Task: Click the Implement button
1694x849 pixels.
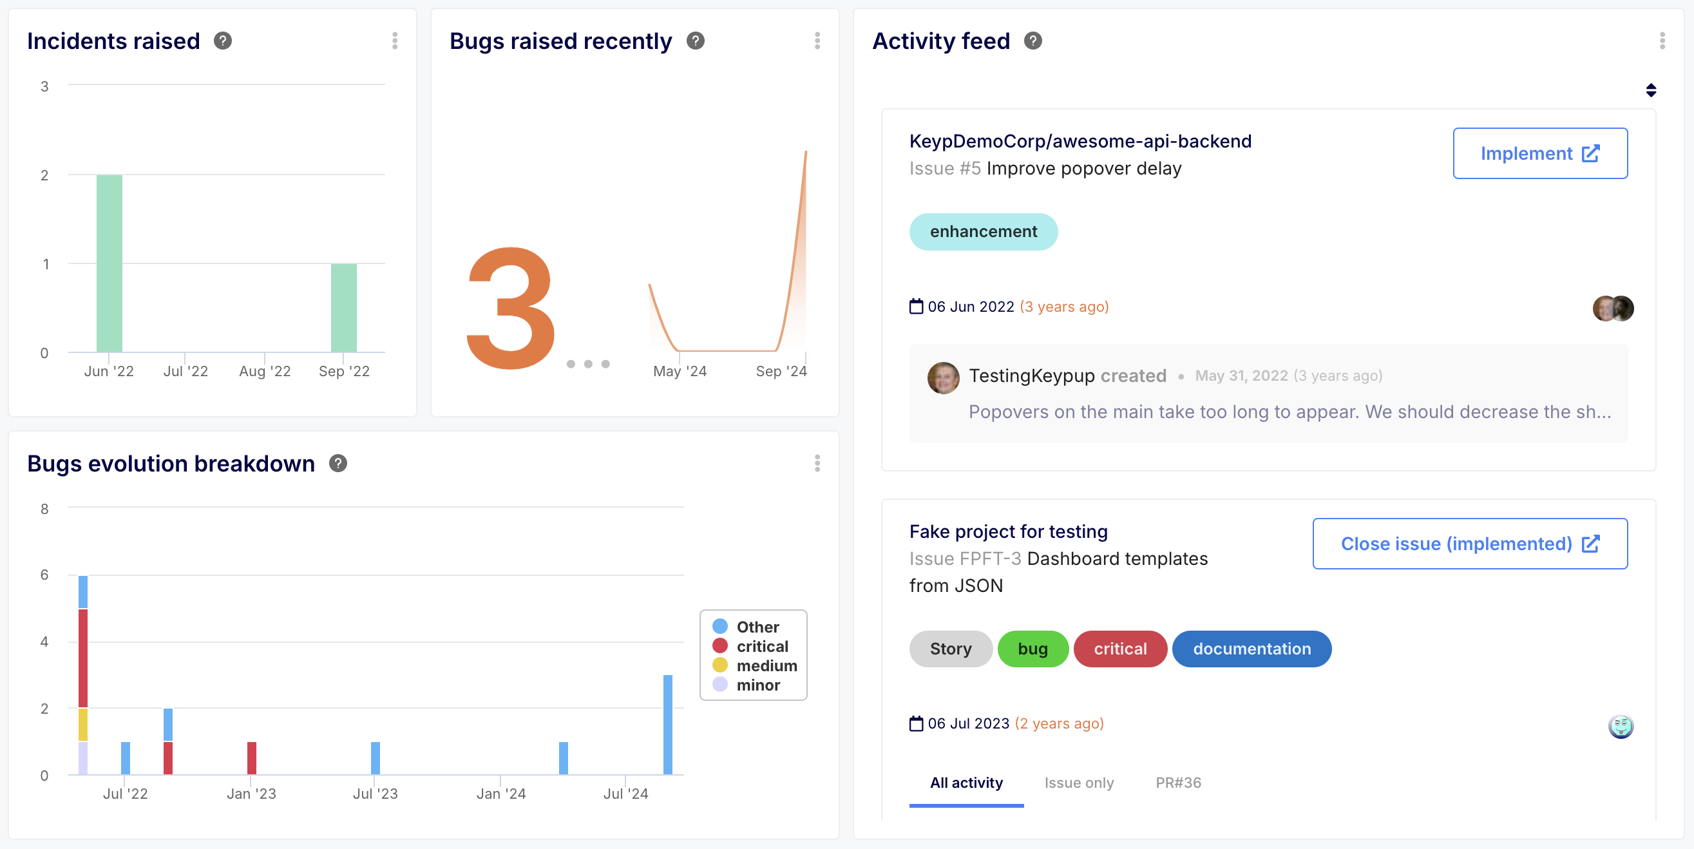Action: click(1539, 153)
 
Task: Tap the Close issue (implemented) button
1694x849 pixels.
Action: click(1469, 544)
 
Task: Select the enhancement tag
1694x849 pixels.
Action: click(983, 231)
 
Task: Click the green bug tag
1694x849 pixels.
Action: click(1033, 649)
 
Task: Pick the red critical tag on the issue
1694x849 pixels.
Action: click(1120, 649)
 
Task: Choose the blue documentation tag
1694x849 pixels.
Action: click(1251, 649)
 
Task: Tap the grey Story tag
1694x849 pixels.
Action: click(950, 649)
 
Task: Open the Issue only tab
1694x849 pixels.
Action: click(1078, 783)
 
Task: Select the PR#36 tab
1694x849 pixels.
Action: click(1178, 783)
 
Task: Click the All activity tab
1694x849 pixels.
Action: click(966, 783)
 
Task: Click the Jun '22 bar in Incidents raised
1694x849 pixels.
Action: click(109, 263)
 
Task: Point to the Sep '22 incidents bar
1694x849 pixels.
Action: click(344, 308)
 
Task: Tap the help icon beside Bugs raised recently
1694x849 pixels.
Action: click(695, 41)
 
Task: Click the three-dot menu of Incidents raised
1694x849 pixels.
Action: click(395, 41)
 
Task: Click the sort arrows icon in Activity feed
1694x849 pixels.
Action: click(1651, 90)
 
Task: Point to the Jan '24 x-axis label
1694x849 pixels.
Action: click(501, 794)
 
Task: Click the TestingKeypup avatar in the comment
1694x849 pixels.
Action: click(943, 377)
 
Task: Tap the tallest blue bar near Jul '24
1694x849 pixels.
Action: click(667, 725)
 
